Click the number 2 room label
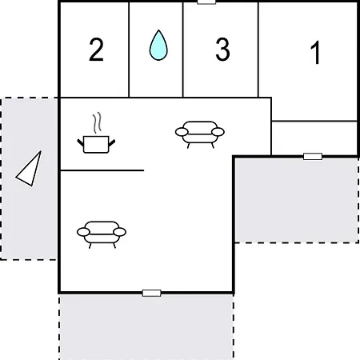[x=96, y=50]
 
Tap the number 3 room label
[x=222, y=50]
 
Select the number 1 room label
[x=315, y=53]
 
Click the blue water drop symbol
[x=158, y=46]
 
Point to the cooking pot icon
[x=96, y=144]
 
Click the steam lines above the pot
[x=98, y=122]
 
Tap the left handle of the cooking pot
[x=80, y=142]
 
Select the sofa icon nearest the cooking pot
[x=200, y=134]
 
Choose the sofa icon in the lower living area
[x=102, y=234]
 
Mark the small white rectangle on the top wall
[x=206, y=2]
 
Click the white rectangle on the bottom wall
[x=151, y=293]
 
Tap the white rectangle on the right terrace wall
[x=313, y=157]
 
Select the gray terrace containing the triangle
[x=29, y=178]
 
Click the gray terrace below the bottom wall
[x=146, y=327]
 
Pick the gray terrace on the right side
[x=297, y=200]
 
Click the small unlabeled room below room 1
[x=314, y=138]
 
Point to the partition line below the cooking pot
[x=102, y=170]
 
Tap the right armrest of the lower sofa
[x=120, y=232]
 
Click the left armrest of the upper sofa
[x=182, y=132]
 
